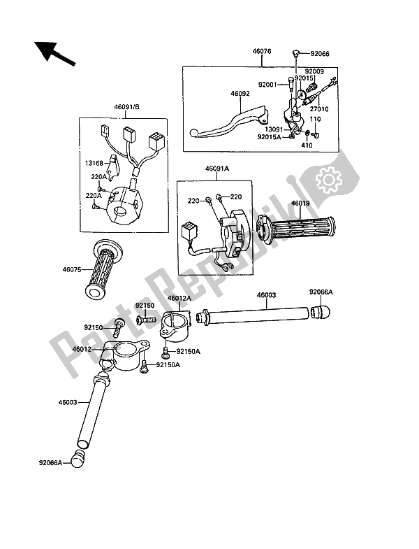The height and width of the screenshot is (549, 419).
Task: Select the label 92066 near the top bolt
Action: (x=322, y=52)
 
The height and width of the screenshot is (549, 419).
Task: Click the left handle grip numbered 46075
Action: (x=104, y=270)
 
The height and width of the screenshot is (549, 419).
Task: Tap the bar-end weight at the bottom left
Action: (x=84, y=459)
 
